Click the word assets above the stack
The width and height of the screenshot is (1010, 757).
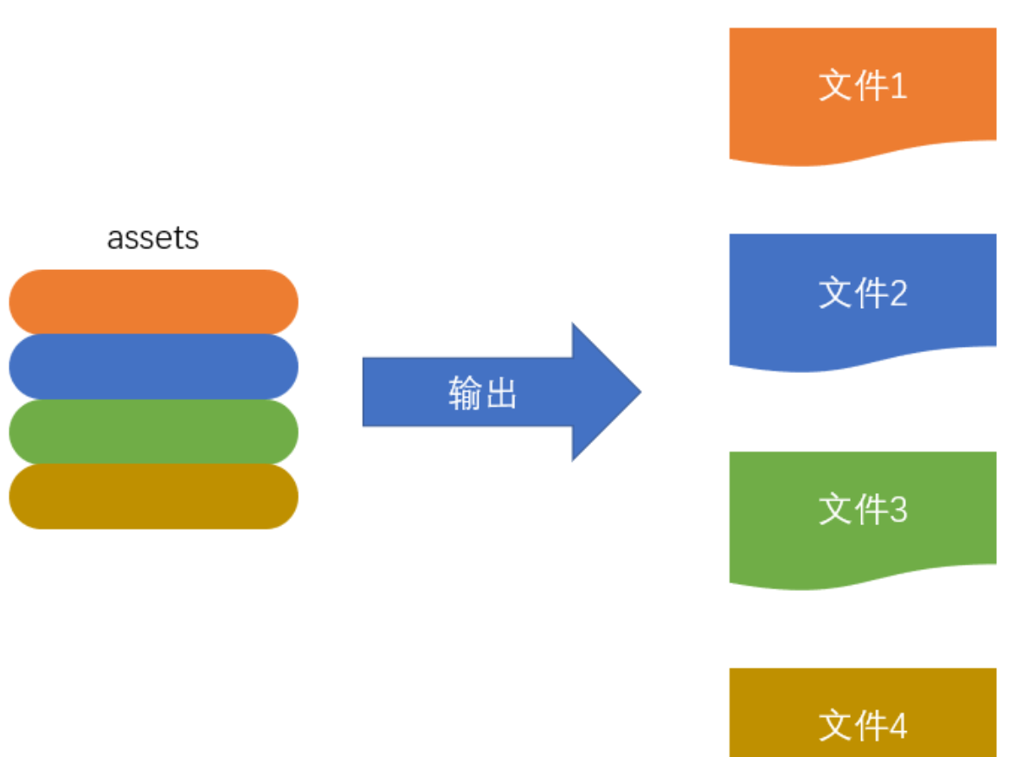(x=153, y=238)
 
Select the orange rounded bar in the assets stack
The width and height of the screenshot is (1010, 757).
(x=153, y=301)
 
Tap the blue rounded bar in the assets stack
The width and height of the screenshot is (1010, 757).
(x=153, y=366)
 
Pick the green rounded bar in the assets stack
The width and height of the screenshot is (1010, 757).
(x=153, y=431)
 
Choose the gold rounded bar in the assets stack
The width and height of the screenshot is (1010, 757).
(x=153, y=496)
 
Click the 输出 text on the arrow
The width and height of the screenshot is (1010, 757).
(x=482, y=393)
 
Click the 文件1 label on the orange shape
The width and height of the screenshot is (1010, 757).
(x=863, y=87)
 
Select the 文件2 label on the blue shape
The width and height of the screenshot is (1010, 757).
(x=863, y=294)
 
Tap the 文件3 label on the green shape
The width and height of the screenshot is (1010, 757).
(x=863, y=510)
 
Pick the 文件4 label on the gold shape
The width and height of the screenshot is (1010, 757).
(x=863, y=726)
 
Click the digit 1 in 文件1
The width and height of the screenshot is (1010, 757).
(x=897, y=87)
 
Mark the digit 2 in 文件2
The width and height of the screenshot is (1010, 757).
(x=897, y=294)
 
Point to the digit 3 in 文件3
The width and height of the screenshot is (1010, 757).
(x=897, y=510)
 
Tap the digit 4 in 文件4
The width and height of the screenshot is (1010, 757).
(x=897, y=726)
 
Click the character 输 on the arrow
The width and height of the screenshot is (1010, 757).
(x=465, y=393)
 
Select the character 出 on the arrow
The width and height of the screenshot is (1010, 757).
(x=500, y=393)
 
